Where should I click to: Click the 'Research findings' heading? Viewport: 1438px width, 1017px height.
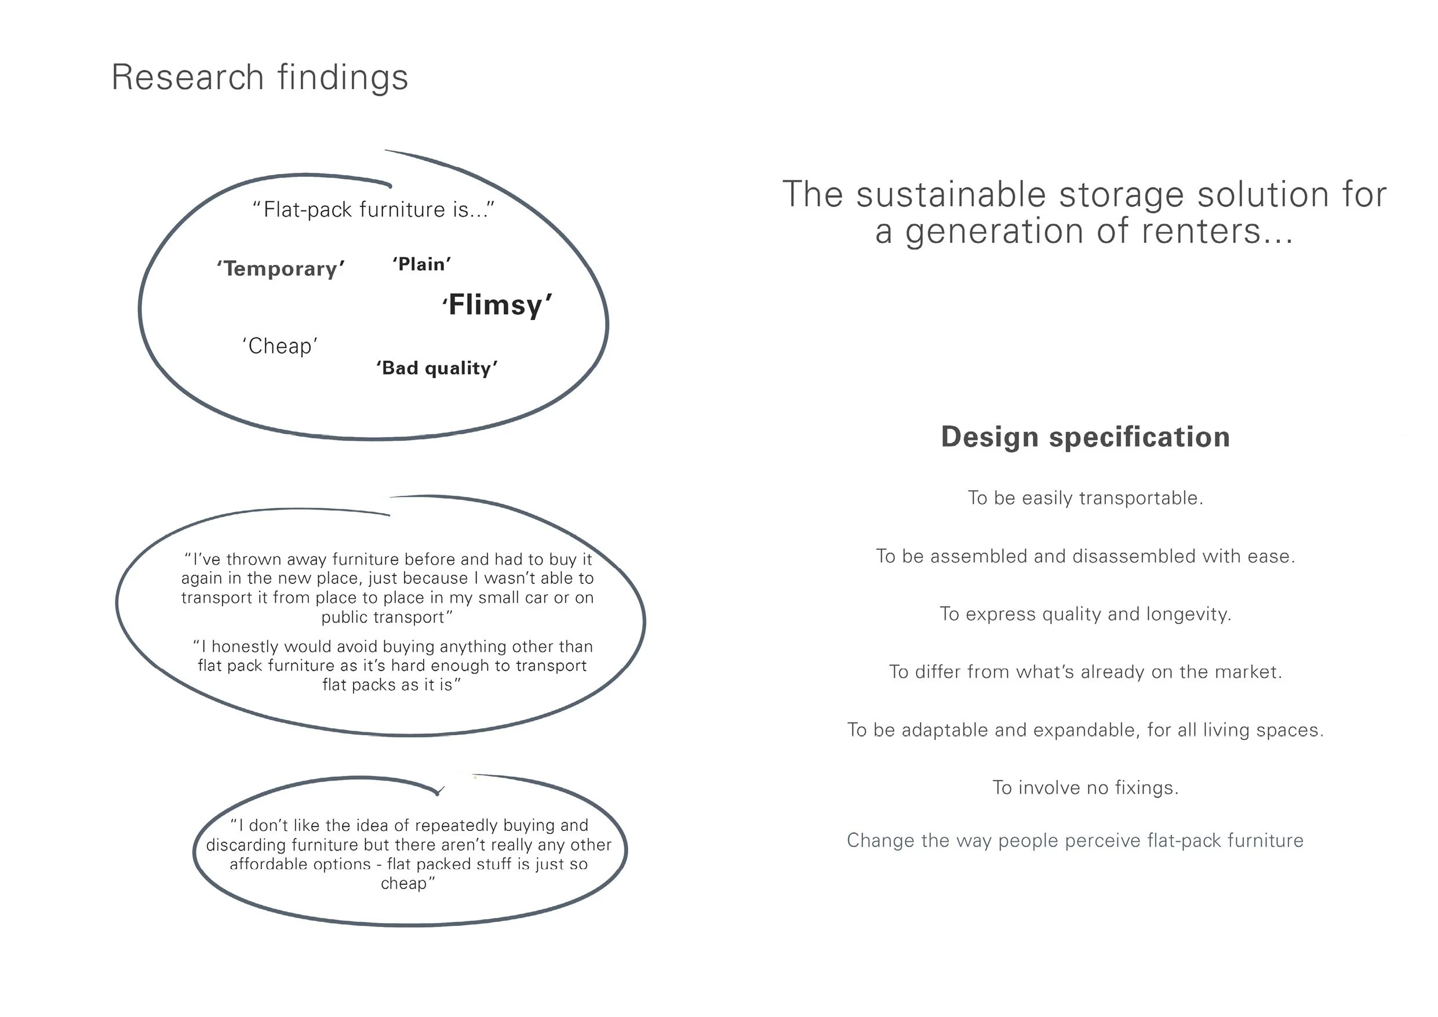259,78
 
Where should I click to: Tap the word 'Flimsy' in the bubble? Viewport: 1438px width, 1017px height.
497,305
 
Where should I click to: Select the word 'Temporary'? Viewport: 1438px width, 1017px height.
281,269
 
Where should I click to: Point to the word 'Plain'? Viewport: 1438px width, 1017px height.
421,264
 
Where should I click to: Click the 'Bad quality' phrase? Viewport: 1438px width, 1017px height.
436,368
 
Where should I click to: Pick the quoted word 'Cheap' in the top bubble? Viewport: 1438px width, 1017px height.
280,346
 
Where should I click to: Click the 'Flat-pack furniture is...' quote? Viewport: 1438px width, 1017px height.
373,209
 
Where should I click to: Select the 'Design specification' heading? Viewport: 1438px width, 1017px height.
1085,437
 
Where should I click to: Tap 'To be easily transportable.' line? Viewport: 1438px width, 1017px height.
1085,498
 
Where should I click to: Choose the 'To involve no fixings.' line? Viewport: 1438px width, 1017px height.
1085,787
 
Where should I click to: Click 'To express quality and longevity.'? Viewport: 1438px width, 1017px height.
1085,614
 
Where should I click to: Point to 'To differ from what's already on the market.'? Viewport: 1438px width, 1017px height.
1085,672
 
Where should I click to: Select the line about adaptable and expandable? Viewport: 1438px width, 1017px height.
1085,730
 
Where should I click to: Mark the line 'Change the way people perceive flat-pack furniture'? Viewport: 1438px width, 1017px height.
1075,840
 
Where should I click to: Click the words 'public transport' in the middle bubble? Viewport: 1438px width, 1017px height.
383,618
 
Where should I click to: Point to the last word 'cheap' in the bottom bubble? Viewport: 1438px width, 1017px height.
404,884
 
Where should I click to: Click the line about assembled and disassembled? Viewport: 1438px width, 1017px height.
1085,557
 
